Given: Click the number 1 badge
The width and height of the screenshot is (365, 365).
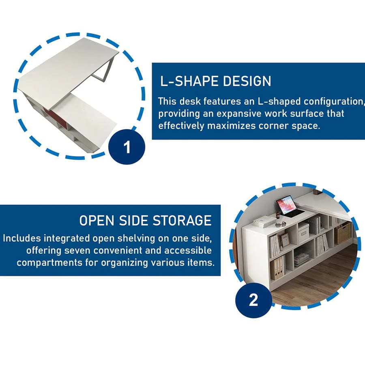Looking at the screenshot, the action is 127,147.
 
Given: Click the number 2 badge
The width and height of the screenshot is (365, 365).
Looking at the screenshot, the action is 253,300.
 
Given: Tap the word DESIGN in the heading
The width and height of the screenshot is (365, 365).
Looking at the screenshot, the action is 247,81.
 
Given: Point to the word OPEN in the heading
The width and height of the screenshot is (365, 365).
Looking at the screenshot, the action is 97,220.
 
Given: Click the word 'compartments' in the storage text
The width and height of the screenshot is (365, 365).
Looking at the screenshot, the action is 49,263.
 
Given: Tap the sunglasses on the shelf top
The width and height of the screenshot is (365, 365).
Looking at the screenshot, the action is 281,225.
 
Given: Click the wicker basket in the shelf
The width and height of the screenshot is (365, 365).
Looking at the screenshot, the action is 342,233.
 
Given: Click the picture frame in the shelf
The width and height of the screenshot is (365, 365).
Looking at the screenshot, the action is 284,240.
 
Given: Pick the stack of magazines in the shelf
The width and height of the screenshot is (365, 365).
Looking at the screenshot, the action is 302,259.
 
